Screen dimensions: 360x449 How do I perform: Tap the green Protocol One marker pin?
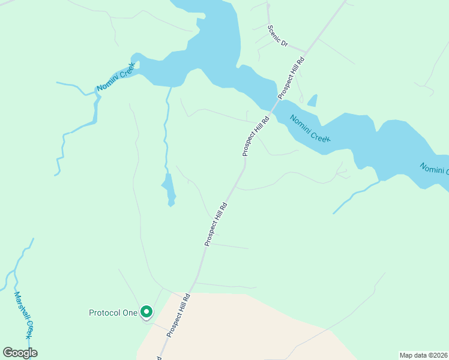146,312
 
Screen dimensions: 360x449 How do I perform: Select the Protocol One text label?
113,313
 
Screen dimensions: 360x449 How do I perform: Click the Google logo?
20,353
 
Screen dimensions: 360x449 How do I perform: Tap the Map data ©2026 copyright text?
423,355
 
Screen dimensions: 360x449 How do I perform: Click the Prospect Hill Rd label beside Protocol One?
179,315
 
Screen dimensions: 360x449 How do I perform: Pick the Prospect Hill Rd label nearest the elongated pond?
215,224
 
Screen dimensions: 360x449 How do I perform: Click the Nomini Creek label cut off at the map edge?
433,170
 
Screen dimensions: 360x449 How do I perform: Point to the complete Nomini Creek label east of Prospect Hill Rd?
310,128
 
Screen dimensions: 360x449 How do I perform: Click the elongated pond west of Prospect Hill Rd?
170,190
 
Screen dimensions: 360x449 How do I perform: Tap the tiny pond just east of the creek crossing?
312,101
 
